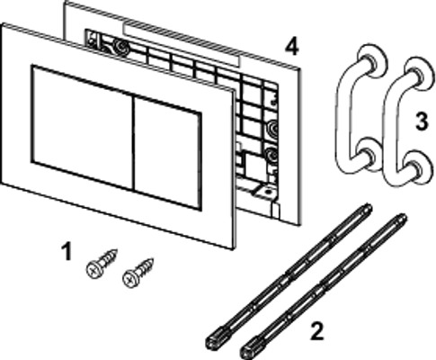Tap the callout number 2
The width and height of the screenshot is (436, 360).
317,330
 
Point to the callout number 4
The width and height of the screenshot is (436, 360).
291,48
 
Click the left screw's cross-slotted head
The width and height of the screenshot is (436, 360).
94,269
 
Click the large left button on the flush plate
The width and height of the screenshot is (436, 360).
82,127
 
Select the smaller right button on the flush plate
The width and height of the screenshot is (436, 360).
167,153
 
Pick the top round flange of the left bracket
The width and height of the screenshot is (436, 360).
371,61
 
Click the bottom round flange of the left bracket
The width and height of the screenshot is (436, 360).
369,154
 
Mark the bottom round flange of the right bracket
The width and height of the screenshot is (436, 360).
416,167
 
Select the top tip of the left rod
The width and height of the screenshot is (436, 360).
369,206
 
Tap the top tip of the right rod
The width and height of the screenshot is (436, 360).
404,216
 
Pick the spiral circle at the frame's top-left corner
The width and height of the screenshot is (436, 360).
122,47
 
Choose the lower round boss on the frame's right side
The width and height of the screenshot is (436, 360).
271,155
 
